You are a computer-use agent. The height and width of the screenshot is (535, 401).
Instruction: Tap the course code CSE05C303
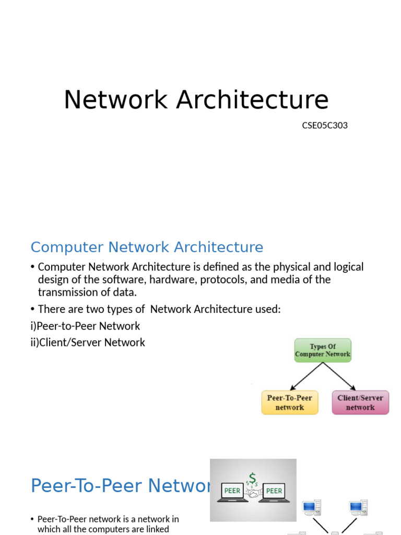tap(325, 125)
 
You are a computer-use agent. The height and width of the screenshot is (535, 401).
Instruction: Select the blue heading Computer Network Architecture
tap(147, 247)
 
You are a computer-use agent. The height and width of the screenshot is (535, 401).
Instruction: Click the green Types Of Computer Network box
tap(323, 350)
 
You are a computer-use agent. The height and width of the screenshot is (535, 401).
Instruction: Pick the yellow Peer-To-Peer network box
tap(289, 402)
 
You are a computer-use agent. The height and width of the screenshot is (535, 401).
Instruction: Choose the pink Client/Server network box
tap(360, 402)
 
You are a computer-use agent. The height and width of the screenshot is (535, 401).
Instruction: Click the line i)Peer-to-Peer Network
tap(86, 326)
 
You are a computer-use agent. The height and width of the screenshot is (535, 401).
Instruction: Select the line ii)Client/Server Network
tap(88, 343)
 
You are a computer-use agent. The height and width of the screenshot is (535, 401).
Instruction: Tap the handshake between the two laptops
tap(253, 493)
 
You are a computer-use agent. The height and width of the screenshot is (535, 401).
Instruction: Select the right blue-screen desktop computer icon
tap(359, 507)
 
